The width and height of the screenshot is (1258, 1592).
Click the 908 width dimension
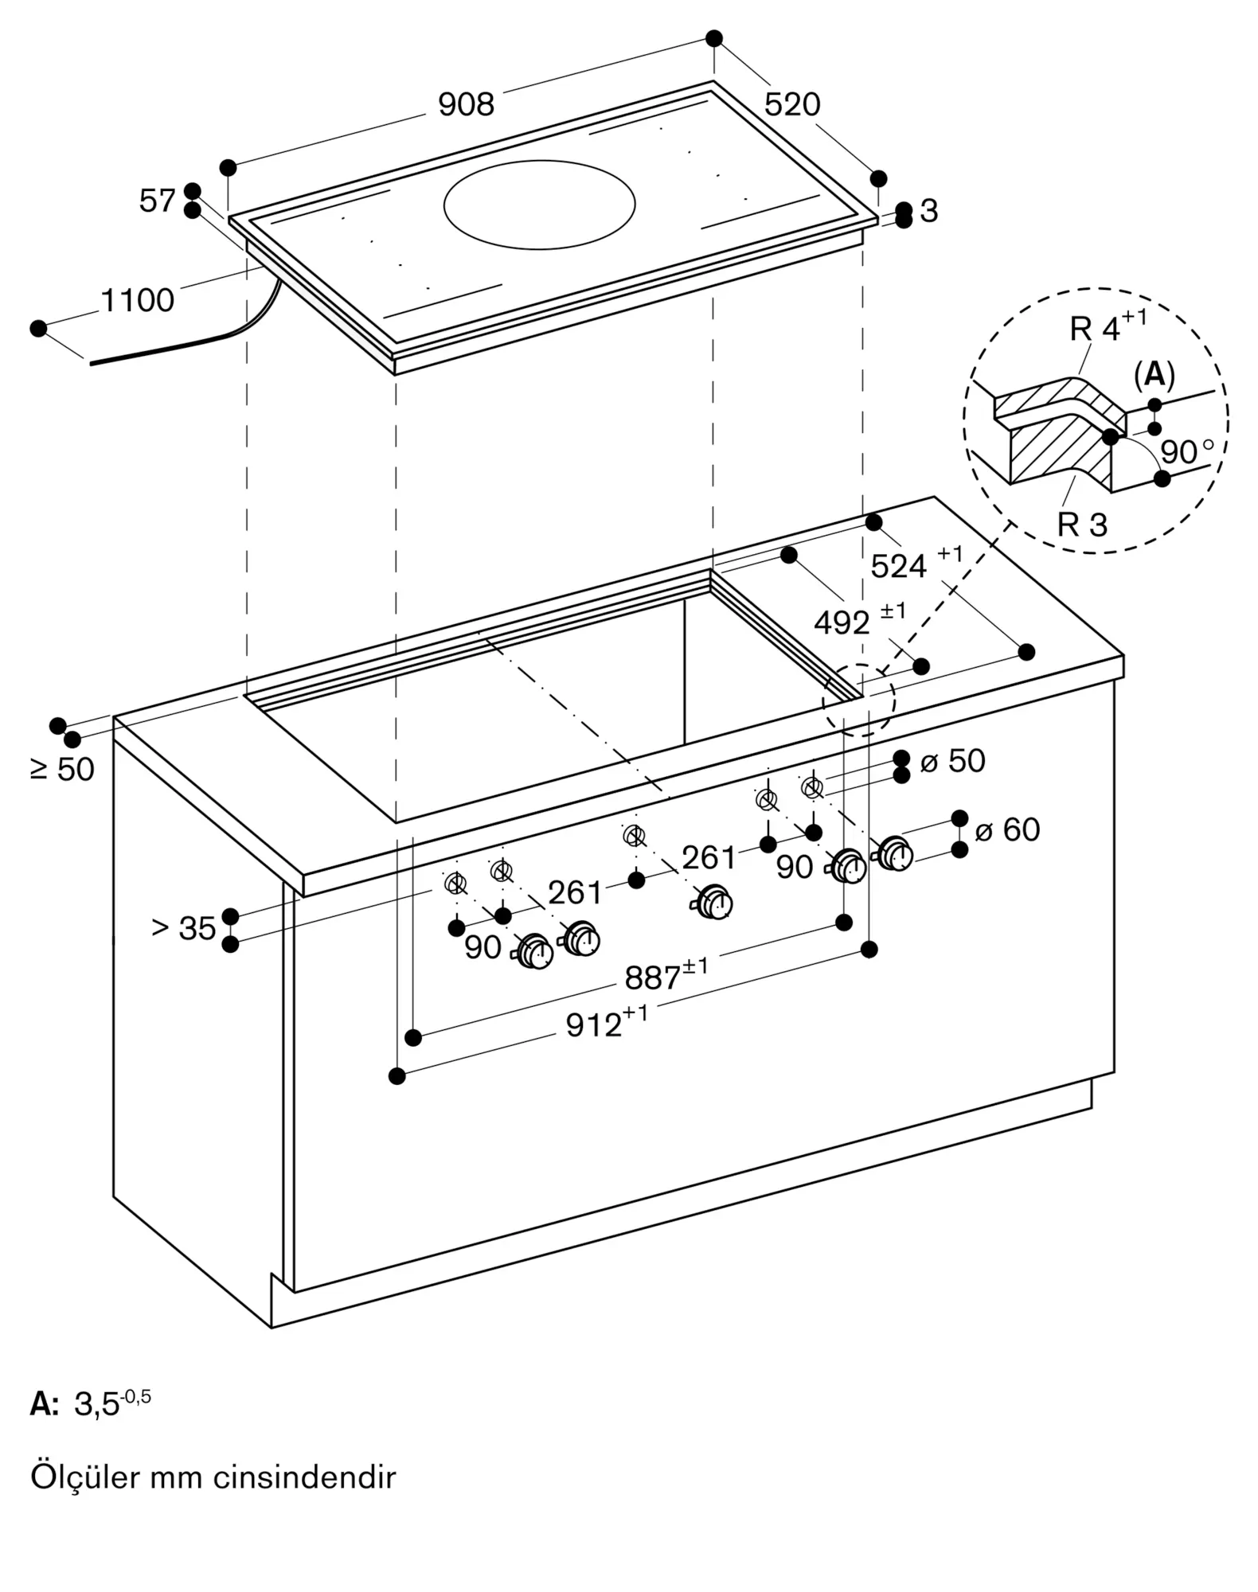point(466,104)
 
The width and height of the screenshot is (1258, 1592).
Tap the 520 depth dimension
point(792,104)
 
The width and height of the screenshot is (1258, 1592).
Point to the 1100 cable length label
point(137,301)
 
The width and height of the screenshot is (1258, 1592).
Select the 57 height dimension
point(157,201)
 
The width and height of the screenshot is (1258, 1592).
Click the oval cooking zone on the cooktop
point(539,205)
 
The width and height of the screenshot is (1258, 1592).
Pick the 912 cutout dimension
point(606,1023)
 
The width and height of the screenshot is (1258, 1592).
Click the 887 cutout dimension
point(666,975)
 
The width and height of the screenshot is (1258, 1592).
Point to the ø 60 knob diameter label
point(1007,830)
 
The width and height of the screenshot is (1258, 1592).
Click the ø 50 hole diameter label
point(952,761)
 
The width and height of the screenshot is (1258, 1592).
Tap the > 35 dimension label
point(184,928)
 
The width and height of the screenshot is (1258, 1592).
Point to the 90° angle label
point(1187,451)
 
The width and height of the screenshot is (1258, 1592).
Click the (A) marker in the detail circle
point(1154,375)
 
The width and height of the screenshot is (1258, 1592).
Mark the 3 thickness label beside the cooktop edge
point(929,211)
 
